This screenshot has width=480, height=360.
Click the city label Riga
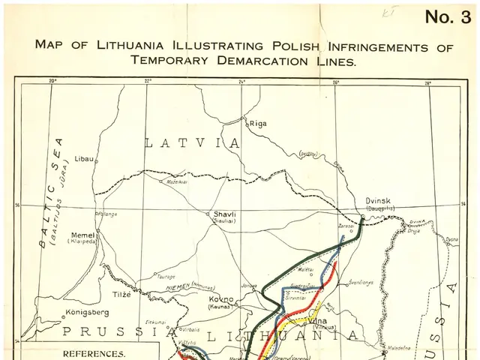click(x=258, y=123)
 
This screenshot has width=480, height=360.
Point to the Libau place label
click(x=85, y=159)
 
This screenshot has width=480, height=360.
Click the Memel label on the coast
click(x=82, y=235)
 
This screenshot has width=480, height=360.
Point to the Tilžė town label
click(x=121, y=293)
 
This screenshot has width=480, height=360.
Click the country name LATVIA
click(x=192, y=142)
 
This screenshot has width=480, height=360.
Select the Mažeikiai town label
click(x=177, y=181)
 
